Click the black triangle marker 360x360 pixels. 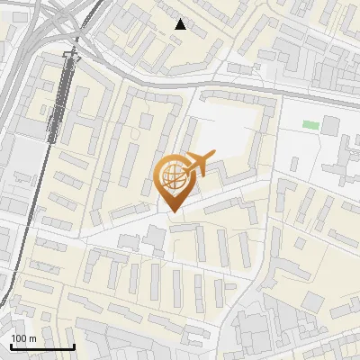pyautogui.click(x=181, y=24)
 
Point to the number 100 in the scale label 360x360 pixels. pyautogui.click(x=18, y=338)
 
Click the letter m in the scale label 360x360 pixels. pyautogui.click(x=32, y=338)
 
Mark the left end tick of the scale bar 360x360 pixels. pyautogui.click(x=11, y=346)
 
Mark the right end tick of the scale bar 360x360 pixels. pyautogui.click(x=74, y=346)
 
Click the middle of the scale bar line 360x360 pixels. pyautogui.click(x=42, y=347)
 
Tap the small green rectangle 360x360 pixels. pyautogui.click(x=310, y=124)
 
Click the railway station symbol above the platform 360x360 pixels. pyautogui.click(x=71, y=56)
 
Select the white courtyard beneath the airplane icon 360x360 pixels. pyautogui.click(x=229, y=135)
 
